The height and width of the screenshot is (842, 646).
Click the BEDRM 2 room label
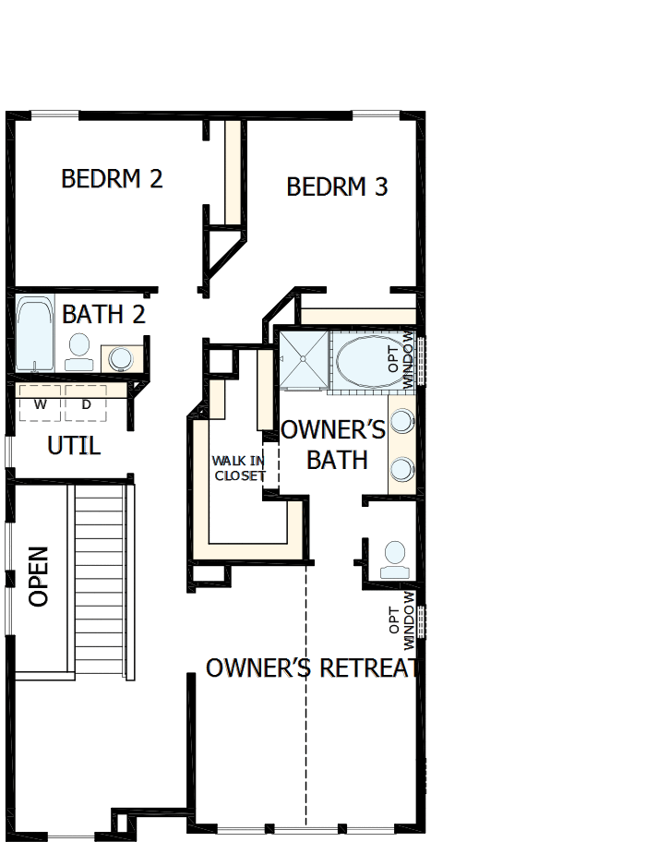pos(112,178)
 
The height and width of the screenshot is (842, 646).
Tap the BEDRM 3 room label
pos(337,186)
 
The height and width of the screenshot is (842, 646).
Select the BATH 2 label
pos(103,314)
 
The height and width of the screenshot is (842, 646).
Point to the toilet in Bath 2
pos(79,349)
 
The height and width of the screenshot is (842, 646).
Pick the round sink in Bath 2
pos(120,358)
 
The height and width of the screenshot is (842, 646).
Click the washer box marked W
pos(39,404)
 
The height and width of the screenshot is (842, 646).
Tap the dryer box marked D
pos(86,404)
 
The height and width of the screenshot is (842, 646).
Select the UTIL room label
pos(74,446)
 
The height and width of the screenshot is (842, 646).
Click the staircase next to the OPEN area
pos(98,582)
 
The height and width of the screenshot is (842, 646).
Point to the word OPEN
pos(38,577)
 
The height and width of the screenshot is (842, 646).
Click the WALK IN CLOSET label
pos(238,468)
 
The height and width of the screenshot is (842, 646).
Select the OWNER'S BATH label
pos(332,444)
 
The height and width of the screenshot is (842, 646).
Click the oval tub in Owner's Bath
pos(364,360)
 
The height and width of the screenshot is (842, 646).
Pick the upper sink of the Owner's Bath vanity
pos(402,422)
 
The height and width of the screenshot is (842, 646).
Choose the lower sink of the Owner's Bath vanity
pos(402,469)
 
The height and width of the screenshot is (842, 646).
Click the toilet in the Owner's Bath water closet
pos(395,558)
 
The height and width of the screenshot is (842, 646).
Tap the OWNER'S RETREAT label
pos(312,668)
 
